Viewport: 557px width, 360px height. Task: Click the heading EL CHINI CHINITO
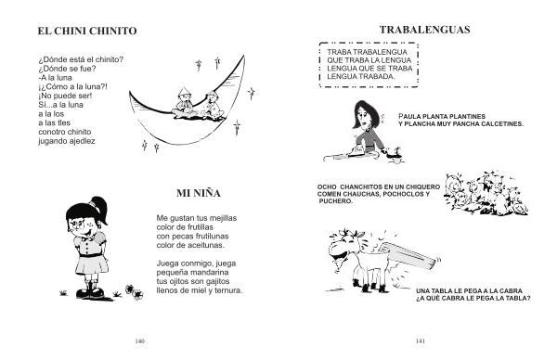tap(87, 31)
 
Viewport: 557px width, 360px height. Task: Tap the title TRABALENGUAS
tap(424, 30)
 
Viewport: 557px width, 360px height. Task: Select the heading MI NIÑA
tap(199, 193)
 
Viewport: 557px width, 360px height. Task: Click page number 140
tap(140, 341)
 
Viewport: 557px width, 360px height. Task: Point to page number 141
tap(421, 341)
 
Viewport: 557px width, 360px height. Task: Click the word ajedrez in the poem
tap(83, 141)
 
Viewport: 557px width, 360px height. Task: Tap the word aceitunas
tap(206, 245)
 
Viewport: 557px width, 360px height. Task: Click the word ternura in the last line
tap(228, 290)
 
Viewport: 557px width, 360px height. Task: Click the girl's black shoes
tap(90, 293)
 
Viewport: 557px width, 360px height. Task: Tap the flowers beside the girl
tap(134, 292)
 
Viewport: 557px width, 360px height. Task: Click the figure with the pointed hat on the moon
tap(185, 103)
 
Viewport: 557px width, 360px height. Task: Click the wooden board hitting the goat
tap(411, 254)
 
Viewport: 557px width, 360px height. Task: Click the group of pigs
tap(486, 193)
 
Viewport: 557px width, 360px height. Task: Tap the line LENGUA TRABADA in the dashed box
tap(361, 77)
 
